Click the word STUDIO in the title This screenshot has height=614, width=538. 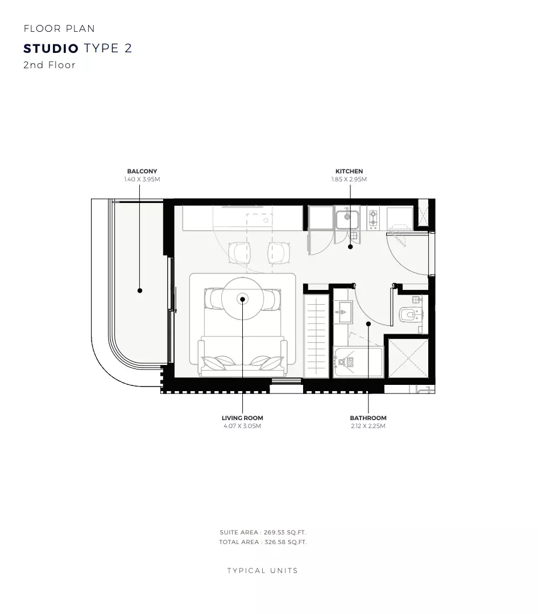pos(51,48)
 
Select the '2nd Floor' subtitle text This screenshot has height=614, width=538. pos(49,65)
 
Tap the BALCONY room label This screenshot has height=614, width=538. pos(142,171)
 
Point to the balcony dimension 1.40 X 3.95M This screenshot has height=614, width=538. pos(142,179)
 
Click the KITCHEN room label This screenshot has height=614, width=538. pos(349,171)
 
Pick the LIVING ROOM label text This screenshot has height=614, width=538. pos(242,418)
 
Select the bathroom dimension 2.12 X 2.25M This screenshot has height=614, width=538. pos(368,426)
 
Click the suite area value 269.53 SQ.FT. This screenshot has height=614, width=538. pos(285,532)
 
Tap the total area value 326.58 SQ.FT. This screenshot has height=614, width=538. pos(285,542)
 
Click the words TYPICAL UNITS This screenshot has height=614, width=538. pos(263,570)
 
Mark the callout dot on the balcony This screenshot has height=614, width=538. pos(140,291)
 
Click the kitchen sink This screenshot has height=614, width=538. pos(347,218)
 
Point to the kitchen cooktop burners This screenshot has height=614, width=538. pos(373,218)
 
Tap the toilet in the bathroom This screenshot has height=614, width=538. pos(408,314)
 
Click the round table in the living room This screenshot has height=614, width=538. pos(243,298)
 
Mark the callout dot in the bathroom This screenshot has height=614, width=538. pos(369,324)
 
